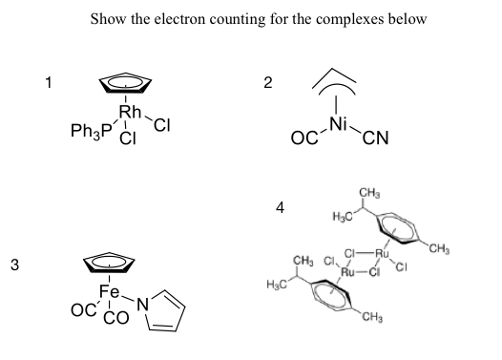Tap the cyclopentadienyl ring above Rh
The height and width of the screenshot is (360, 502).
[124, 84]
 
